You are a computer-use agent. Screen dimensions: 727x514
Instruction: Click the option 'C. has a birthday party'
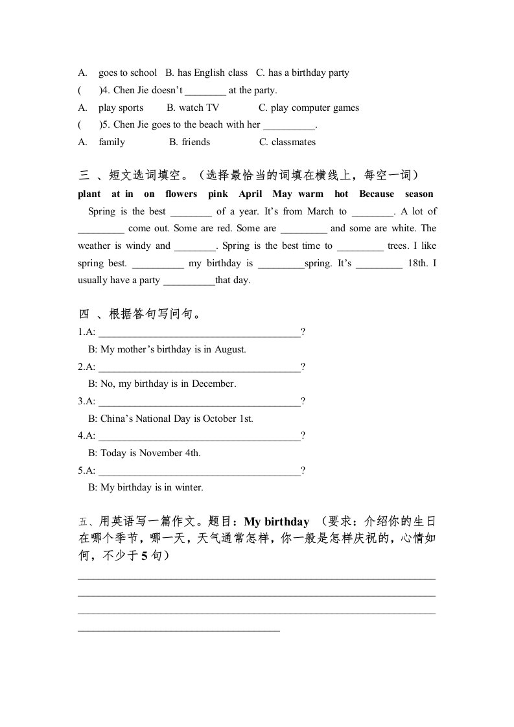pos(303,73)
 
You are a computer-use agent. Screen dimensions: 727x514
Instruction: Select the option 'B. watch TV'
pos(193,108)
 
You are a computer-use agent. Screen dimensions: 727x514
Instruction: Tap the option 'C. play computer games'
pos(309,108)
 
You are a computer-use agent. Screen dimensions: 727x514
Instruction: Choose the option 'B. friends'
pos(190,142)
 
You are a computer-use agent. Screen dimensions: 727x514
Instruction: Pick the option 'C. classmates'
pos(288,142)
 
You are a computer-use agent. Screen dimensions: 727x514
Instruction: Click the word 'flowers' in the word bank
pos(181,194)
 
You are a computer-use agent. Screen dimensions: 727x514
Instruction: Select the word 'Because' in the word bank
pos(377,194)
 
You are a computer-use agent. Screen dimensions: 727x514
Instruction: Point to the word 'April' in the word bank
pos(250,194)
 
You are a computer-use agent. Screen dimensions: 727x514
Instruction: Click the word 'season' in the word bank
pos(419,194)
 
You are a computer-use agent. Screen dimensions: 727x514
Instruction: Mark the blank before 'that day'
pos(189,281)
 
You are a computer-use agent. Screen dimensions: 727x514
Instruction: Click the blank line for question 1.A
pos(199,332)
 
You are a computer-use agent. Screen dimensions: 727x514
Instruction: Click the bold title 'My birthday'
pos(277,522)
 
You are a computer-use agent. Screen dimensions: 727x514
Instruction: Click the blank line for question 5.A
pos(199,470)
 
